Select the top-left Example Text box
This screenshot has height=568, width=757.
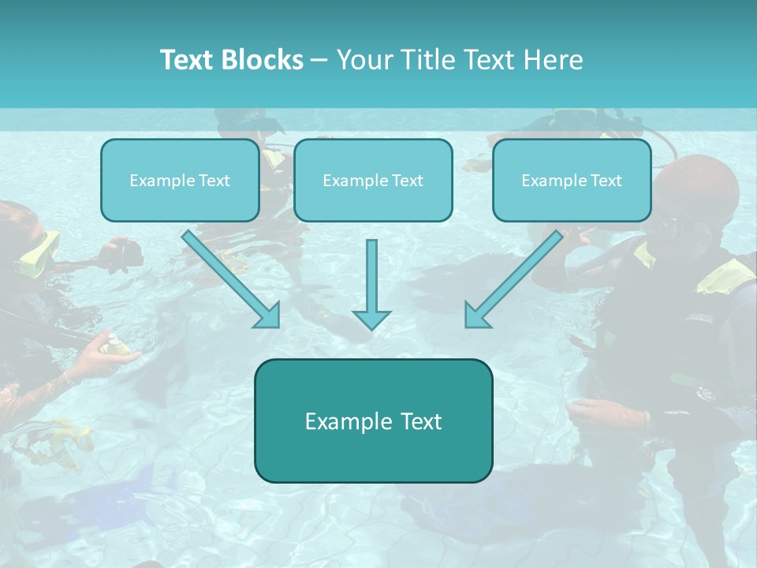(x=180, y=181)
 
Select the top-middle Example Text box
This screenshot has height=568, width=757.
(x=373, y=181)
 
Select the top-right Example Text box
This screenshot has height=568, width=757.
(x=572, y=181)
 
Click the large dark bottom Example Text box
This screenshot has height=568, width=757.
(x=373, y=421)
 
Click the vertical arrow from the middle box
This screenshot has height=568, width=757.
(x=371, y=276)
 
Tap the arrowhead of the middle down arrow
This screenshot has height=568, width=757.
(x=371, y=319)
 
